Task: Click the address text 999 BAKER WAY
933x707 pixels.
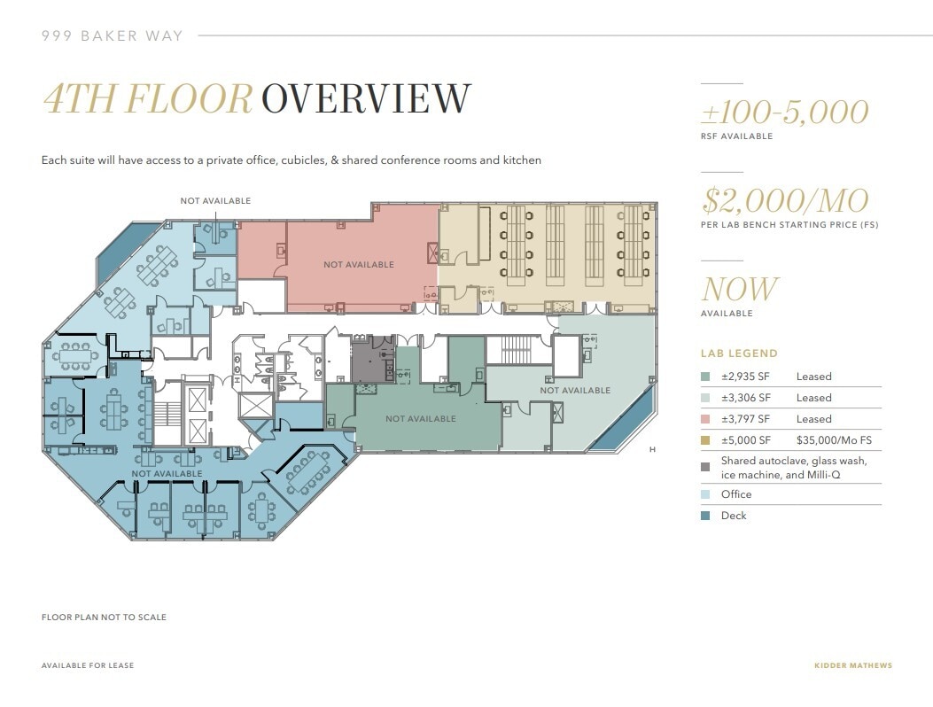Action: pos(113,36)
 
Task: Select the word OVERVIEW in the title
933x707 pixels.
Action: pos(366,99)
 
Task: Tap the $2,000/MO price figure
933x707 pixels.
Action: pos(784,201)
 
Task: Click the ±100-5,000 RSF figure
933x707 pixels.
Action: pos(784,113)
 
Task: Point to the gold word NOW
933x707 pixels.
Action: pos(739,290)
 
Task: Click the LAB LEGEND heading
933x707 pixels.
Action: pos(739,353)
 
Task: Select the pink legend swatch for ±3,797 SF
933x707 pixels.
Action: pos(705,419)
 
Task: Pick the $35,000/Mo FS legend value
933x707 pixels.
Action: pos(834,440)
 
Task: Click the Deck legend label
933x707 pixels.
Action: pos(734,516)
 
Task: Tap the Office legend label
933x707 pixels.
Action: pos(736,494)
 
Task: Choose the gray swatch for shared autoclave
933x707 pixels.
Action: pos(705,467)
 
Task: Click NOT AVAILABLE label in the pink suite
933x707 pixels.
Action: pos(358,265)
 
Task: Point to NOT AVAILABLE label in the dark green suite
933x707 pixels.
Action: pos(420,419)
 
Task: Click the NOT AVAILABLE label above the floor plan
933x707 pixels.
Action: pos(215,201)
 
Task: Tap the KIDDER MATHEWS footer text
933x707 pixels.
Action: pos(852,665)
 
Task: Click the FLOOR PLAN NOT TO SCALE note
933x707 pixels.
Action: pos(104,618)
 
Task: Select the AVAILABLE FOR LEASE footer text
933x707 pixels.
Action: pos(88,665)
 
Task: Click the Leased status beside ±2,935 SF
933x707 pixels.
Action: pos(813,377)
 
